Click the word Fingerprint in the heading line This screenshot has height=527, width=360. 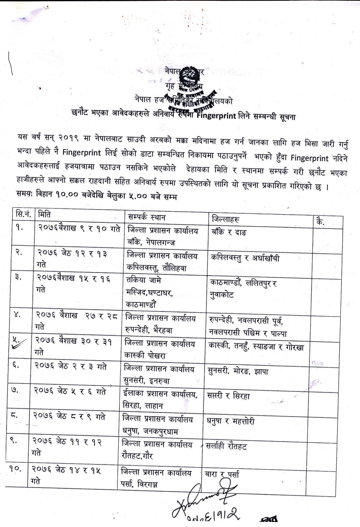click(216, 116)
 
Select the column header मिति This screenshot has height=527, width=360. click(44, 215)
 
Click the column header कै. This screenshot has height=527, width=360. click(320, 222)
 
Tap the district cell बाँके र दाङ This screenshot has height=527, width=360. click(229, 232)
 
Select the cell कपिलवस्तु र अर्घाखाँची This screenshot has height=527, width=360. click(245, 258)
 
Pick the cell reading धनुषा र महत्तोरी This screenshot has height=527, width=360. click(231, 421)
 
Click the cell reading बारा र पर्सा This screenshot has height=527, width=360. click(222, 474)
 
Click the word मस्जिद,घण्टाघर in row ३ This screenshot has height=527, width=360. click(149, 292)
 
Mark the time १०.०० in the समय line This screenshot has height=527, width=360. click(67, 194)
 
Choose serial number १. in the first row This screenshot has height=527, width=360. click(19, 227)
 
